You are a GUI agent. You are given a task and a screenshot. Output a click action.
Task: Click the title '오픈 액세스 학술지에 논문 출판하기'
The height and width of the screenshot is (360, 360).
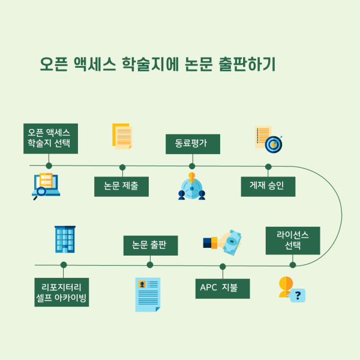click(157, 65)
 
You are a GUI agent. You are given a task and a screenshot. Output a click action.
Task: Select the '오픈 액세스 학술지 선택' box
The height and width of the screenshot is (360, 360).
click(49, 139)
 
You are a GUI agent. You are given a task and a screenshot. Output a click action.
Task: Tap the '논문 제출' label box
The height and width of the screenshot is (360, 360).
click(122, 186)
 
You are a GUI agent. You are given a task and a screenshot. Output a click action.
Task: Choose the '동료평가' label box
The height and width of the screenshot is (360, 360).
click(192, 144)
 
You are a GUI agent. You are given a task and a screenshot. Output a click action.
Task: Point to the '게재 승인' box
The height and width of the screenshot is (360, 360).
click(268, 186)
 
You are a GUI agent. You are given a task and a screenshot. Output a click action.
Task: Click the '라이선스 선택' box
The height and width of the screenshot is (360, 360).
click(293, 240)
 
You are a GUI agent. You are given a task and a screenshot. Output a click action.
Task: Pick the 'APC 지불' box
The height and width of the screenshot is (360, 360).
click(222, 288)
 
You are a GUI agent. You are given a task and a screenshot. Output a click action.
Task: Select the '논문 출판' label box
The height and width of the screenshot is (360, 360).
click(150, 245)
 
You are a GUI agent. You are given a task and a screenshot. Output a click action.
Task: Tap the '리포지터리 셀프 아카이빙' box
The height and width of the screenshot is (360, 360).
click(62, 292)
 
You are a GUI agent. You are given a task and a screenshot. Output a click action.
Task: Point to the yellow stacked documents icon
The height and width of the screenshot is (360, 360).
click(122, 136)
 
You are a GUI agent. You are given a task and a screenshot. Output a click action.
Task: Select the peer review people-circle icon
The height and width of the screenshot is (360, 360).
click(192, 187)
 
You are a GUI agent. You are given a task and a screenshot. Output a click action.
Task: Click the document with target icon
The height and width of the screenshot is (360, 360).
click(268, 139)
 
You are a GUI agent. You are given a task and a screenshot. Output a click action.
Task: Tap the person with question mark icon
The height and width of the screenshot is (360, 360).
click(291, 289)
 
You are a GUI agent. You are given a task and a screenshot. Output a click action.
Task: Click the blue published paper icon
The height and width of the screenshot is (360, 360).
click(148, 294)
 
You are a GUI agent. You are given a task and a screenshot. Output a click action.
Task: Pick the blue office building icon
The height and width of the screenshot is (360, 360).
click(64, 239)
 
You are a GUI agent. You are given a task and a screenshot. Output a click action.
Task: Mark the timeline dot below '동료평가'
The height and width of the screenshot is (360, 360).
click(192, 166)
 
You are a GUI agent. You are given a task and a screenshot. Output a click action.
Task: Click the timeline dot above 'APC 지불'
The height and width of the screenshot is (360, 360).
click(223, 266)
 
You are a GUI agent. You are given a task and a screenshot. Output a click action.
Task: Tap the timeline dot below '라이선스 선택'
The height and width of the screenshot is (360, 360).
click(293, 265)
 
